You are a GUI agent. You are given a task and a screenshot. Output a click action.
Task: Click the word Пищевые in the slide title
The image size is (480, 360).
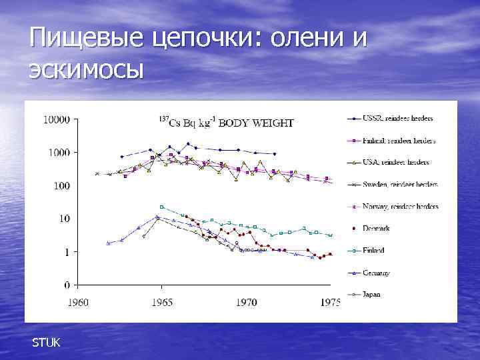point(85,38)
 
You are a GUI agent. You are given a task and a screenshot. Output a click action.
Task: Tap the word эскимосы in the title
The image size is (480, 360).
point(86,69)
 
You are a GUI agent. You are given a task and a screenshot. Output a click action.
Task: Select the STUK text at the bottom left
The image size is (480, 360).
point(46,343)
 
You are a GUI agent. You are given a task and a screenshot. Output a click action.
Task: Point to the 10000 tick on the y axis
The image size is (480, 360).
point(57,120)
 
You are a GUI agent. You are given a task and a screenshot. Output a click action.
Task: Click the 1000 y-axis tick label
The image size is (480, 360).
point(59,153)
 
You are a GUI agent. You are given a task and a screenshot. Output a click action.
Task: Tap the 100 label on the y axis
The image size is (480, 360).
point(62,186)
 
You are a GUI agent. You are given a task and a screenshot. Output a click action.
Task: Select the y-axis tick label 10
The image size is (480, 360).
point(65,219)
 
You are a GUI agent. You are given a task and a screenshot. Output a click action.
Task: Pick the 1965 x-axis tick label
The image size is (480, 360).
point(162,302)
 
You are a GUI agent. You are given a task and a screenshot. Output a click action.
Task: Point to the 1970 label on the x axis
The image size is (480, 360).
point(246,302)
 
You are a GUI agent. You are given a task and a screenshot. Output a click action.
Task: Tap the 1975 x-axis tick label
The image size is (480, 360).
point(329,302)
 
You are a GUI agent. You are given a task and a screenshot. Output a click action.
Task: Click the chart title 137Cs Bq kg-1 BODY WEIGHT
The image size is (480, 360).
point(226,122)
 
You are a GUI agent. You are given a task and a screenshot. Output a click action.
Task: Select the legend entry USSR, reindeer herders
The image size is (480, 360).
point(398,119)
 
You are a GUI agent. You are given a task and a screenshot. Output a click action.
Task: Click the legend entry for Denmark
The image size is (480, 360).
point(377,229)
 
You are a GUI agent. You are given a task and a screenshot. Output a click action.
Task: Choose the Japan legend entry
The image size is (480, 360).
point(372,294)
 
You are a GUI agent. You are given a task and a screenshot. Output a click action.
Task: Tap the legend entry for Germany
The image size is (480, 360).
point(377,273)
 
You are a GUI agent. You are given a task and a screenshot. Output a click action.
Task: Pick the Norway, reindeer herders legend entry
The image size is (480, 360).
point(400,207)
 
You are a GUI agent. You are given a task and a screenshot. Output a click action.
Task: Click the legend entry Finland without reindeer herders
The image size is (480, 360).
point(374,251)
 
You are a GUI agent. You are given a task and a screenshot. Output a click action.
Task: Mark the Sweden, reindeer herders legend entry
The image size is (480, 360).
point(400,185)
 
